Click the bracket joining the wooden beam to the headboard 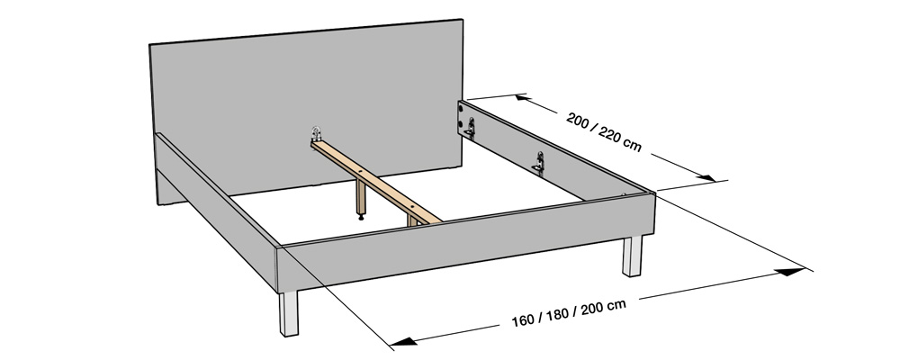(316, 134)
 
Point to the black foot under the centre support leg (362, 215)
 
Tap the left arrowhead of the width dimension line (403, 341)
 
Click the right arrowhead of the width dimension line (793, 269)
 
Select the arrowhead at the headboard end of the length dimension (526, 98)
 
